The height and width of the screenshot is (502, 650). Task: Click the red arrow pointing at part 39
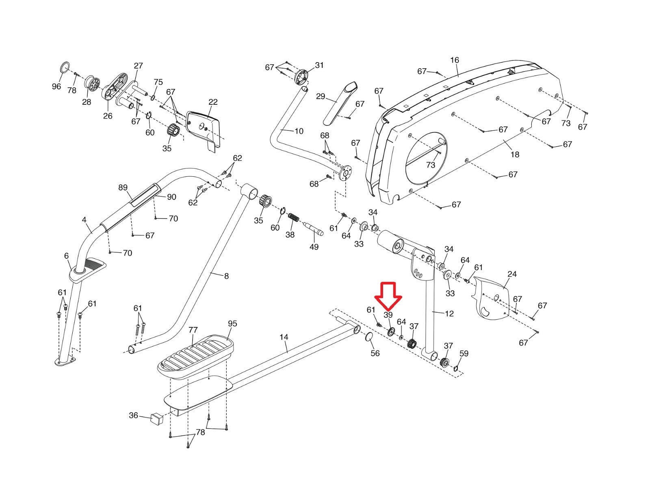(388, 296)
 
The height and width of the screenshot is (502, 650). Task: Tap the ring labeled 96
(65, 67)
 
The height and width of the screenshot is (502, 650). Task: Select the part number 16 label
(454, 60)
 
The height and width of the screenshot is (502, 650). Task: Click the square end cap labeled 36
(156, 418)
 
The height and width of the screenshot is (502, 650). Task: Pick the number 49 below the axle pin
(314, 247)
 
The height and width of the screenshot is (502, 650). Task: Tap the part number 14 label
(284, 337)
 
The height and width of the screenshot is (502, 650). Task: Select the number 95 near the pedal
(232, 324)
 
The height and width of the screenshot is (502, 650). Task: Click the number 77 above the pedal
(193, 330)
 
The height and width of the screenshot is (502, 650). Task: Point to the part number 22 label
(213, 102)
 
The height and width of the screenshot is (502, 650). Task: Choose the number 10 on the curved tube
(299, 131)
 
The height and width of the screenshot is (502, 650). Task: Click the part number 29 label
(321, 96)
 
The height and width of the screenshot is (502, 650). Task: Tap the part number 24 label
(512, 274)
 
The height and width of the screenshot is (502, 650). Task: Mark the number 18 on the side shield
(515, 154)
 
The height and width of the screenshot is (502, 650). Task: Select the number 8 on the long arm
(226, 276)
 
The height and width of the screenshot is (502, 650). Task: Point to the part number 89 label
(123, 188)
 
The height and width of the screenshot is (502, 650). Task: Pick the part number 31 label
(319, 65)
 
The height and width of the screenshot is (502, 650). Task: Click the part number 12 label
(449, 314)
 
